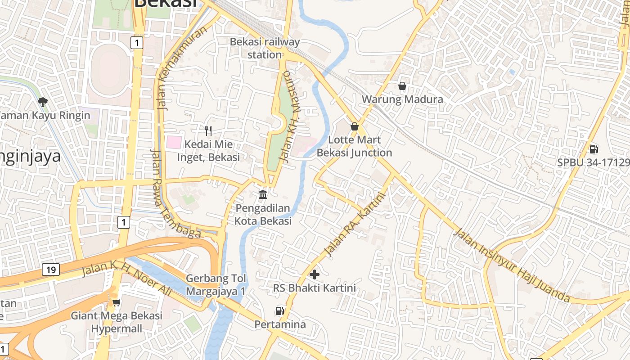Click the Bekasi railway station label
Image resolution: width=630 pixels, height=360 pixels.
tap(265, 48)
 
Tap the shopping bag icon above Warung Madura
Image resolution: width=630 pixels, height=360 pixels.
tap(402, 85)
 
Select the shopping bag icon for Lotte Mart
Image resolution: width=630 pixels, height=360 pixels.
tap(355, 126)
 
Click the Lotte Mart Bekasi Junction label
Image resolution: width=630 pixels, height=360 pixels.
tap(355, 146)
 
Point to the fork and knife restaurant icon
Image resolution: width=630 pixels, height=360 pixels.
tap(208, 131)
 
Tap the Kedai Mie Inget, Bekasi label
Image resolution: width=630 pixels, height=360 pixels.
tap(208, 151)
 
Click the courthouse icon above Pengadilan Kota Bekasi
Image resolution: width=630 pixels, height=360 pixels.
tap(263, 194)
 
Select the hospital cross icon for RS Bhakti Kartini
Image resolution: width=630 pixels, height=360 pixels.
tap(315, 274)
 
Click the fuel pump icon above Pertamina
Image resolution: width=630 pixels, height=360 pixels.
tap(280, 310)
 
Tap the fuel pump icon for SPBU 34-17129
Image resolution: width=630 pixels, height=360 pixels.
tap(594, 149)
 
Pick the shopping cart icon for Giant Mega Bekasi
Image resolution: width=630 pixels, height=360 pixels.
tap(116, 302)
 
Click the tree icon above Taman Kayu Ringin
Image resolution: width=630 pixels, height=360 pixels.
tap(43, 102)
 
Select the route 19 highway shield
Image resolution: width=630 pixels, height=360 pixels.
tap(50, 270)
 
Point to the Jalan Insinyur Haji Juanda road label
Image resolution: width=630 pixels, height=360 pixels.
tap(512, 265)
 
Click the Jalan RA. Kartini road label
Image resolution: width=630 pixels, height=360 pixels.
tap(355, 225)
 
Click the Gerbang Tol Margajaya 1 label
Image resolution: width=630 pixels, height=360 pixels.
tap(216, 285)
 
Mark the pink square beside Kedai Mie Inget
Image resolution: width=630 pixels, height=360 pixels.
tap(174, 143)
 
